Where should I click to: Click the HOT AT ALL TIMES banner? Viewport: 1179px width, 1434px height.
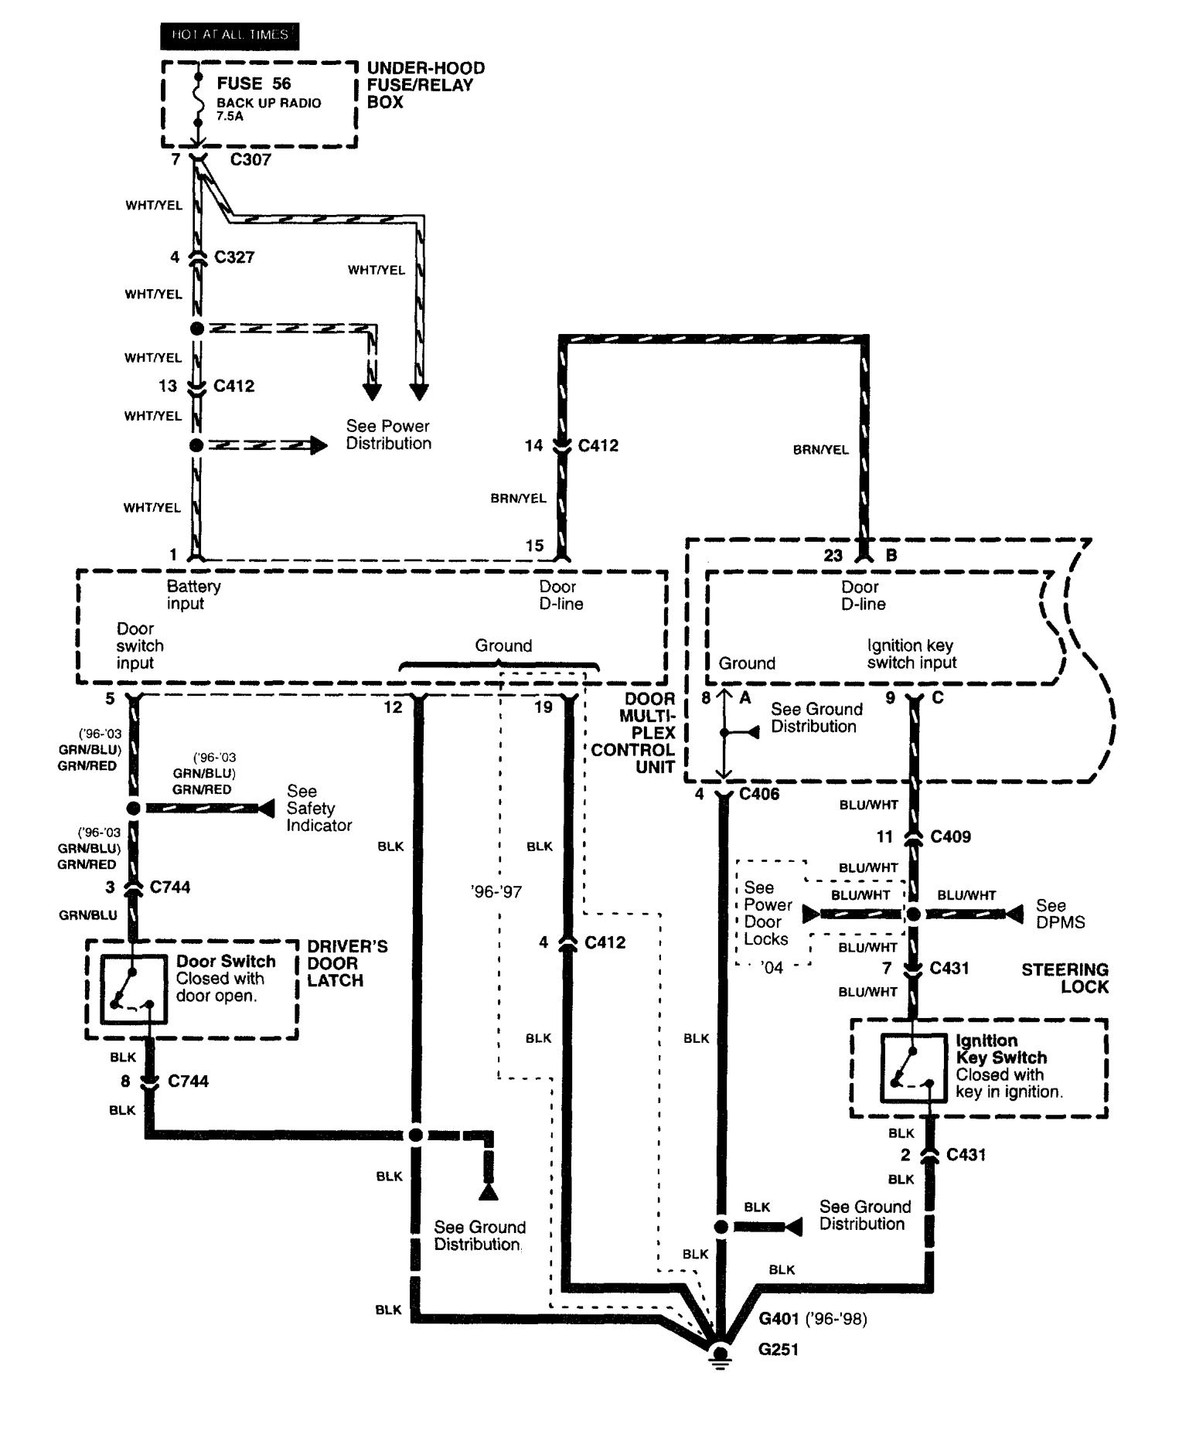pyautogui.click(x=230, y=36)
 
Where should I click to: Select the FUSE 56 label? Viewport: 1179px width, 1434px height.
pyautogui.click(x=254, y=83)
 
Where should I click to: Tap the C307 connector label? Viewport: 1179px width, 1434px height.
pyautogui.click(x=250, y=160)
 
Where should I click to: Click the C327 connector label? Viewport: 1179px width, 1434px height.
pyautogui.click(x=234, y=257)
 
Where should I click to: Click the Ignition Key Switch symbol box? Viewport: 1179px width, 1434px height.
pyautogui.click(x=913, y=1068)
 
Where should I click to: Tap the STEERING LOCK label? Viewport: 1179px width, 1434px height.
pyautogui.click(x=1065, y=978)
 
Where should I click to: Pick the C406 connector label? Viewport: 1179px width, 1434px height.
pyautogui.click(x=759, y=794)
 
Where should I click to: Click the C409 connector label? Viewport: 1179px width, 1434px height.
pyautogui.click(x=950, y=836)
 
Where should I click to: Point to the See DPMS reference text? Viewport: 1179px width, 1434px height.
pyautogui.click(x=1060, y=914)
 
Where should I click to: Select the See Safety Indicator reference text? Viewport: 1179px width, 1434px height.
pyautogui.click(x=319, y=808)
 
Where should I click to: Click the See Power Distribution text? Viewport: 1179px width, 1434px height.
pyautogui.click(x=388, y=434)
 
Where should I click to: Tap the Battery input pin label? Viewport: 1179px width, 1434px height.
pyautogui.click(x=193, y=594)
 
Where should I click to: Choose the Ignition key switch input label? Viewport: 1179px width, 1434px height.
pyautogui.click(x=912, y=654)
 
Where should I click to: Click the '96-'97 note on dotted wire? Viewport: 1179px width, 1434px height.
pyautogui.click(x=496, y=892)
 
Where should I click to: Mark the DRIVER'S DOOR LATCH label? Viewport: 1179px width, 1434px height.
pyautogui.click(x=336, y=963)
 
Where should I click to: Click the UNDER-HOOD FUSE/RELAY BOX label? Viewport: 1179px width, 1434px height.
pyautogui.click(x=425, y=85)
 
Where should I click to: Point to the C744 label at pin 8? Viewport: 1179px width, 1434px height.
pyautogui.click(x=188, y=1081)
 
